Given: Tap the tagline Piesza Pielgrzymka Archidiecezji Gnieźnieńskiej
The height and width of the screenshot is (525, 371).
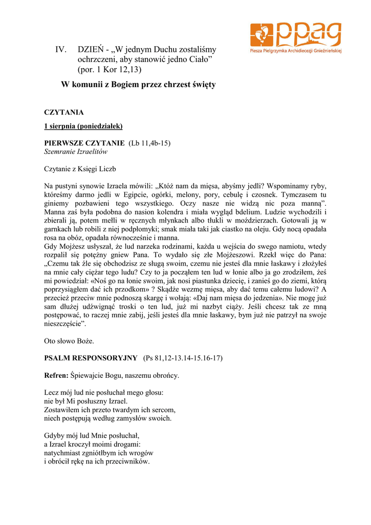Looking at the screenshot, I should pos(296,51).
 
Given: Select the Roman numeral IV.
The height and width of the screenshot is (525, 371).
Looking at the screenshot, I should pos(61,50).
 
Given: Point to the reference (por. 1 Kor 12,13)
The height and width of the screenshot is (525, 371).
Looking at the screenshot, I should pos(110,69).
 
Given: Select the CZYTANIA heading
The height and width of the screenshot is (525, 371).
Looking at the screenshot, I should pos(64,112).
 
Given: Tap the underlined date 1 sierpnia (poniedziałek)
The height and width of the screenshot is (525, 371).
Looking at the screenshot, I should pos(83,126).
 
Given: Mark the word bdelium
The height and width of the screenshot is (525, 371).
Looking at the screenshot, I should pos(250,212).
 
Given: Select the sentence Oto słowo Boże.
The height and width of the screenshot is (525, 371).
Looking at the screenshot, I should pos(69,340).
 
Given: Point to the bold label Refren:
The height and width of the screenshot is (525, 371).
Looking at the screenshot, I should pos(56,375).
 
